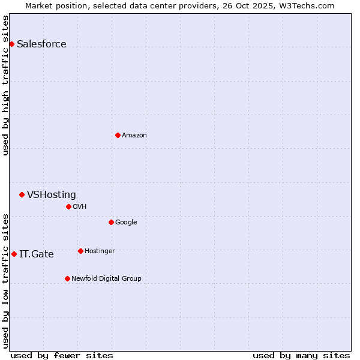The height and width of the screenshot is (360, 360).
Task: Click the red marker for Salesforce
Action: pyautogui.click(x=11, y=44)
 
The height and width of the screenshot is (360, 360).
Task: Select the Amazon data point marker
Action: pyautogui.click(x=118, y=135)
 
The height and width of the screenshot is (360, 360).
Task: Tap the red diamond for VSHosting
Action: pyautogui.click(x=22, y=194)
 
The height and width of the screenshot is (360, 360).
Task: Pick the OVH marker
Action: pyautogui.click(x=68, y=206)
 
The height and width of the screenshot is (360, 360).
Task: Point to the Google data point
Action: pyautogui.click(x=111, y=222)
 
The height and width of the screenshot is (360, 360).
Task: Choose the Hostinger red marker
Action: pyautogui.click(x=80, y=251)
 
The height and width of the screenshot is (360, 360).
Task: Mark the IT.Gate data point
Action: pyautogui.click(x=14, y=254)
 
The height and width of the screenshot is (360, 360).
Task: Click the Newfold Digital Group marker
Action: pyautogui.click(x=67, y=278)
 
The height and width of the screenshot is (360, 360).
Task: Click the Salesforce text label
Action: pyautogui.click(x=41, y=44)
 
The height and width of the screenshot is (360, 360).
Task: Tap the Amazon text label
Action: pyautogui.click(x=134, y=135)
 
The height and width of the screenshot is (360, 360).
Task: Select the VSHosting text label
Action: pyautogui.click(x=52, y=194)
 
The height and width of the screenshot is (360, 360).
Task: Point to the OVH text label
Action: pyautogui.click(x=80, y=206)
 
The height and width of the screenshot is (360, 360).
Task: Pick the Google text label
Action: pyautogui.click(x=126, y=222)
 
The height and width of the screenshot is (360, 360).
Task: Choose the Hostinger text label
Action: pyautogui.click(x=100, y=251)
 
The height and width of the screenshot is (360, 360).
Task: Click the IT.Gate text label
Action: pyautogui.click(x=37, y=254)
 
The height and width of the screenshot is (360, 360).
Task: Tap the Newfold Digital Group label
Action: pyautogui.click(x=106, y=278)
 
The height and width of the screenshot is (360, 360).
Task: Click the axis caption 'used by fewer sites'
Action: pyautogui.click(x=62, y=355)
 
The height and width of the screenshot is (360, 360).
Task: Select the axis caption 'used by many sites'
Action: pyautogui.click(x=301, y=355)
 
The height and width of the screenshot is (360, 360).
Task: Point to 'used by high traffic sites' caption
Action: pyautogui.click(x=6, y=85)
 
